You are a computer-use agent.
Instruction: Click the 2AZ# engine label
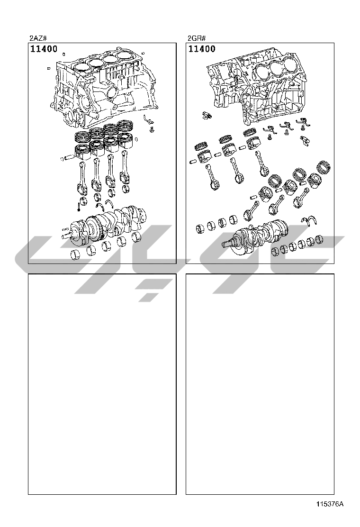(37, 38)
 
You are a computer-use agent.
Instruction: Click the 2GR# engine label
(196, 38)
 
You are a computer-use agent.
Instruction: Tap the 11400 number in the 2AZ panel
(44, 49)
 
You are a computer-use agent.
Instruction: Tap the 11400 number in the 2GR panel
(202, 49)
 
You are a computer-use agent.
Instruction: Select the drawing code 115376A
(329, 504)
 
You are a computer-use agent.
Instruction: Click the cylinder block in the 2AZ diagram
(104, 89)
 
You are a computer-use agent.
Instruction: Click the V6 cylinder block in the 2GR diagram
(259, 86)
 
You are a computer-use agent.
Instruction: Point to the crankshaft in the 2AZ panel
(106, 225)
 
